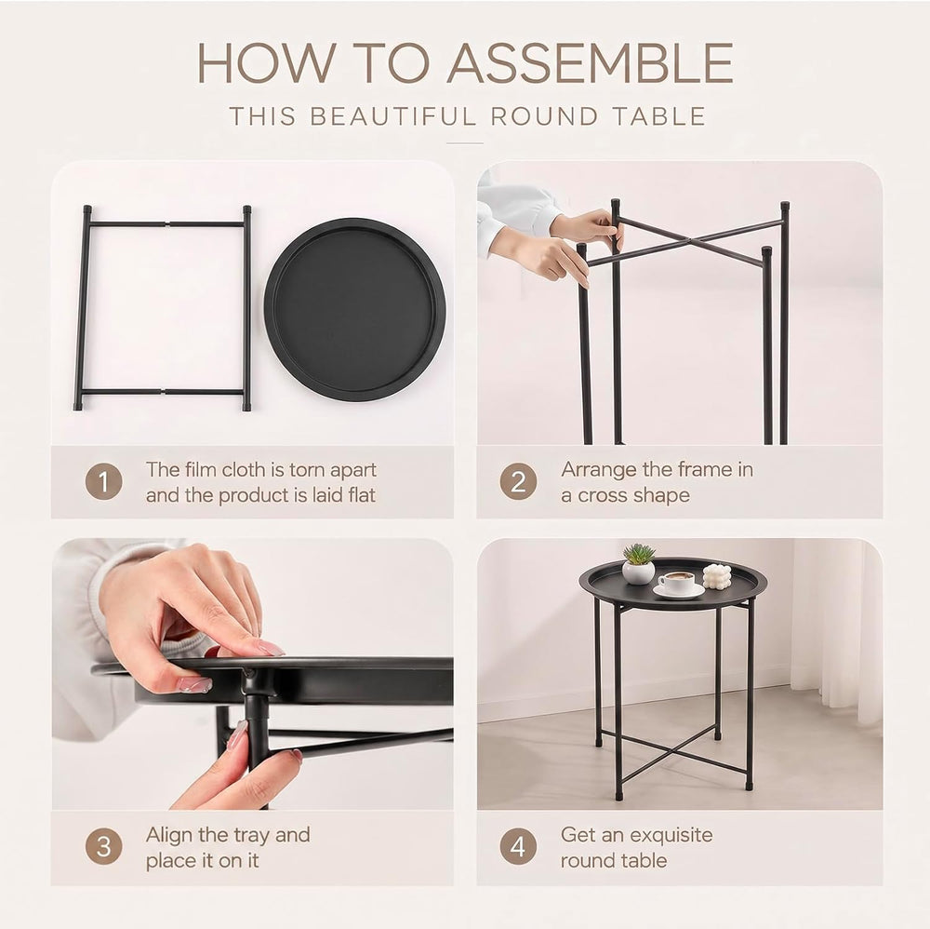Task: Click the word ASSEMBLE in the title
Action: [x=591, y=63]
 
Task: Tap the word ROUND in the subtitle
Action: [x=544, y=116]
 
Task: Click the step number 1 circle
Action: [x=103, y=481]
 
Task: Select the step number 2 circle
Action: [x=518, y=481]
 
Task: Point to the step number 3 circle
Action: [x=103, y=846]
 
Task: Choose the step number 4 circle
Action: [x=518, y=846]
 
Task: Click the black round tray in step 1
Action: [x=354, y=309]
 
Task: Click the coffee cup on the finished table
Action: [x=677, y=582]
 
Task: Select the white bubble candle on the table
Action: [x=717, y=576]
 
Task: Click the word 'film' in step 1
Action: [x=200, y=469]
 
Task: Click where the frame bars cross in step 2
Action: [x=689, y=240]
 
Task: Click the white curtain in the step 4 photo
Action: [x=836, y=630]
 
